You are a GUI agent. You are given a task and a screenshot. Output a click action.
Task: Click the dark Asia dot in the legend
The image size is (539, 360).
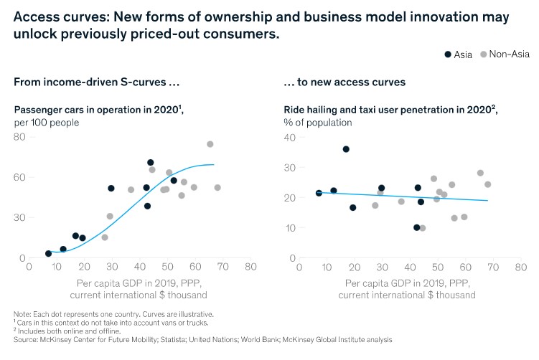tap(448, 54)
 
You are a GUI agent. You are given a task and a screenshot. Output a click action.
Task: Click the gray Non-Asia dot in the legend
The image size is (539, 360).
tap(483, 54)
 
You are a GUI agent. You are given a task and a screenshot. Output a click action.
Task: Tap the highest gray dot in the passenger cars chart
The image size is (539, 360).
tap(210, 144)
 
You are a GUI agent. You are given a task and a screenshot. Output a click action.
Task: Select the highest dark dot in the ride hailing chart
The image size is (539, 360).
tap(346, 149)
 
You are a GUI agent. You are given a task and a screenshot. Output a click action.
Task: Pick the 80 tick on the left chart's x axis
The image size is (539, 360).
tap(250, 267)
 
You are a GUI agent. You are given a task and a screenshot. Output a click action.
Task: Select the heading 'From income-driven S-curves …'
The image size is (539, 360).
tap(96, 82)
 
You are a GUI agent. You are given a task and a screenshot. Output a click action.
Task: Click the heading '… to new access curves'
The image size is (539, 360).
tap(345, 82)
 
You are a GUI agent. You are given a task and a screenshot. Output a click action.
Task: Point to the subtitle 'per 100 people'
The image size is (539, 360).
tap(46, 122)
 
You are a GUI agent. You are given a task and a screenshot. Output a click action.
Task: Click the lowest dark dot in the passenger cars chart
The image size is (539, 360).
tap(49, 253)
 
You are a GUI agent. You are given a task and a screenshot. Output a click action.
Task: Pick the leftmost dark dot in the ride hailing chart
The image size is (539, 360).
tap(319, 193)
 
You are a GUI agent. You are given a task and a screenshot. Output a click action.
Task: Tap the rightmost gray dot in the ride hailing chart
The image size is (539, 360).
tap(487, 184)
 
